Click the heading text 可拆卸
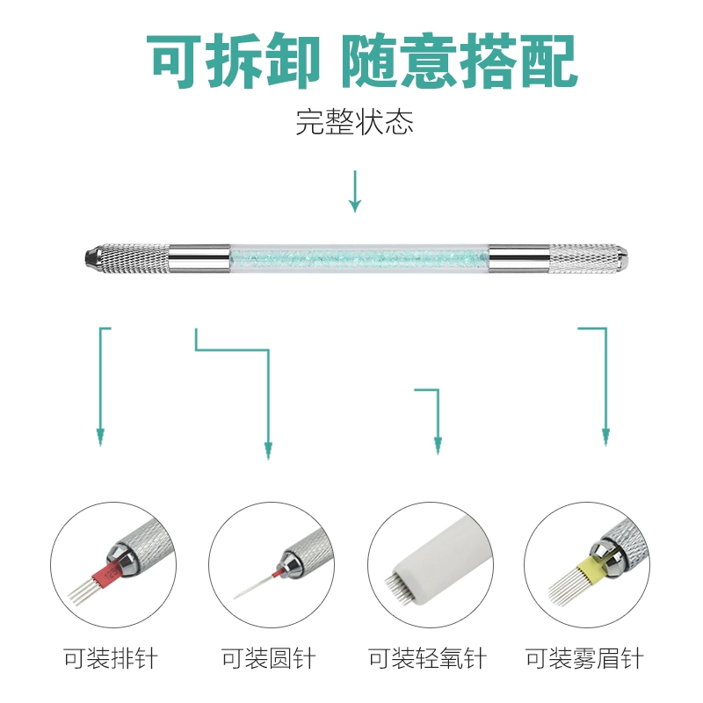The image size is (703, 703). (x=234, y=61)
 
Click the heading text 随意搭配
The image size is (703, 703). (x=459, y=61)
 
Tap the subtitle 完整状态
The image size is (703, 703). (x=354, y=122)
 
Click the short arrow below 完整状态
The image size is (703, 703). (x=355, y=192)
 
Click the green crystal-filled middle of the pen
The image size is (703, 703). (x=359, y=258)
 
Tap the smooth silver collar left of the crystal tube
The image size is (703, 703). (x=199, y=258)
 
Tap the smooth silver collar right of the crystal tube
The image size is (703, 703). (x=519, y=258)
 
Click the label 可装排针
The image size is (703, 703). (x=111, y=658)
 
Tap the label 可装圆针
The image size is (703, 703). (x=269, y=658)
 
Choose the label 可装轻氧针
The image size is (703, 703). (x=427, y=658)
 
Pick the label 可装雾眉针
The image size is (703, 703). (x=584, y=658)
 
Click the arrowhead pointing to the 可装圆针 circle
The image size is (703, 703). (x=268, y=451)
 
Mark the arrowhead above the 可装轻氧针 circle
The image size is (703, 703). (x=438, y=446)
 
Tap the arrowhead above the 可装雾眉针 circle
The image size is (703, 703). (x=605, y=437)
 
